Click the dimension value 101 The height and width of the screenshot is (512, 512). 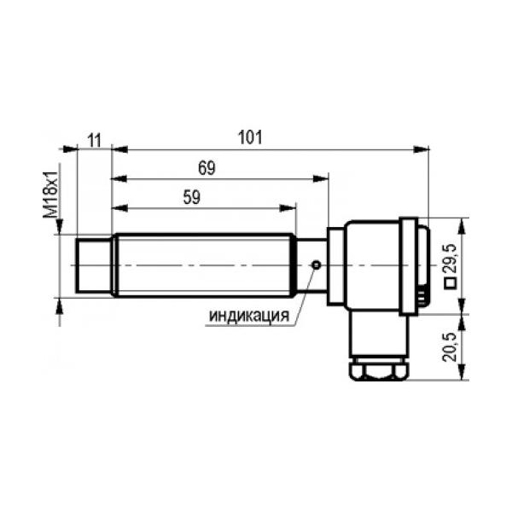(x=250, y=137)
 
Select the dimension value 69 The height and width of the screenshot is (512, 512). (x=207, y=168)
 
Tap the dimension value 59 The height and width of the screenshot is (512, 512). (x=192, y=197)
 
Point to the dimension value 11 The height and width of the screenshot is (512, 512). (x=95, y=141)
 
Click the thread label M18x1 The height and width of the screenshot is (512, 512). (x=51, y=195)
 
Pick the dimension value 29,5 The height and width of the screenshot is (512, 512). (x=451, y=258)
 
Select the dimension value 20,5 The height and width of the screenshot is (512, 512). (x=450, y=347)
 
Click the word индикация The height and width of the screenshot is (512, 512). (x=249, y=316)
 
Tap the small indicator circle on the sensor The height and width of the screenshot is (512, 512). (x=316, y=265)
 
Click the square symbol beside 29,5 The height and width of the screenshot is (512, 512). (x=451, y=282)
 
